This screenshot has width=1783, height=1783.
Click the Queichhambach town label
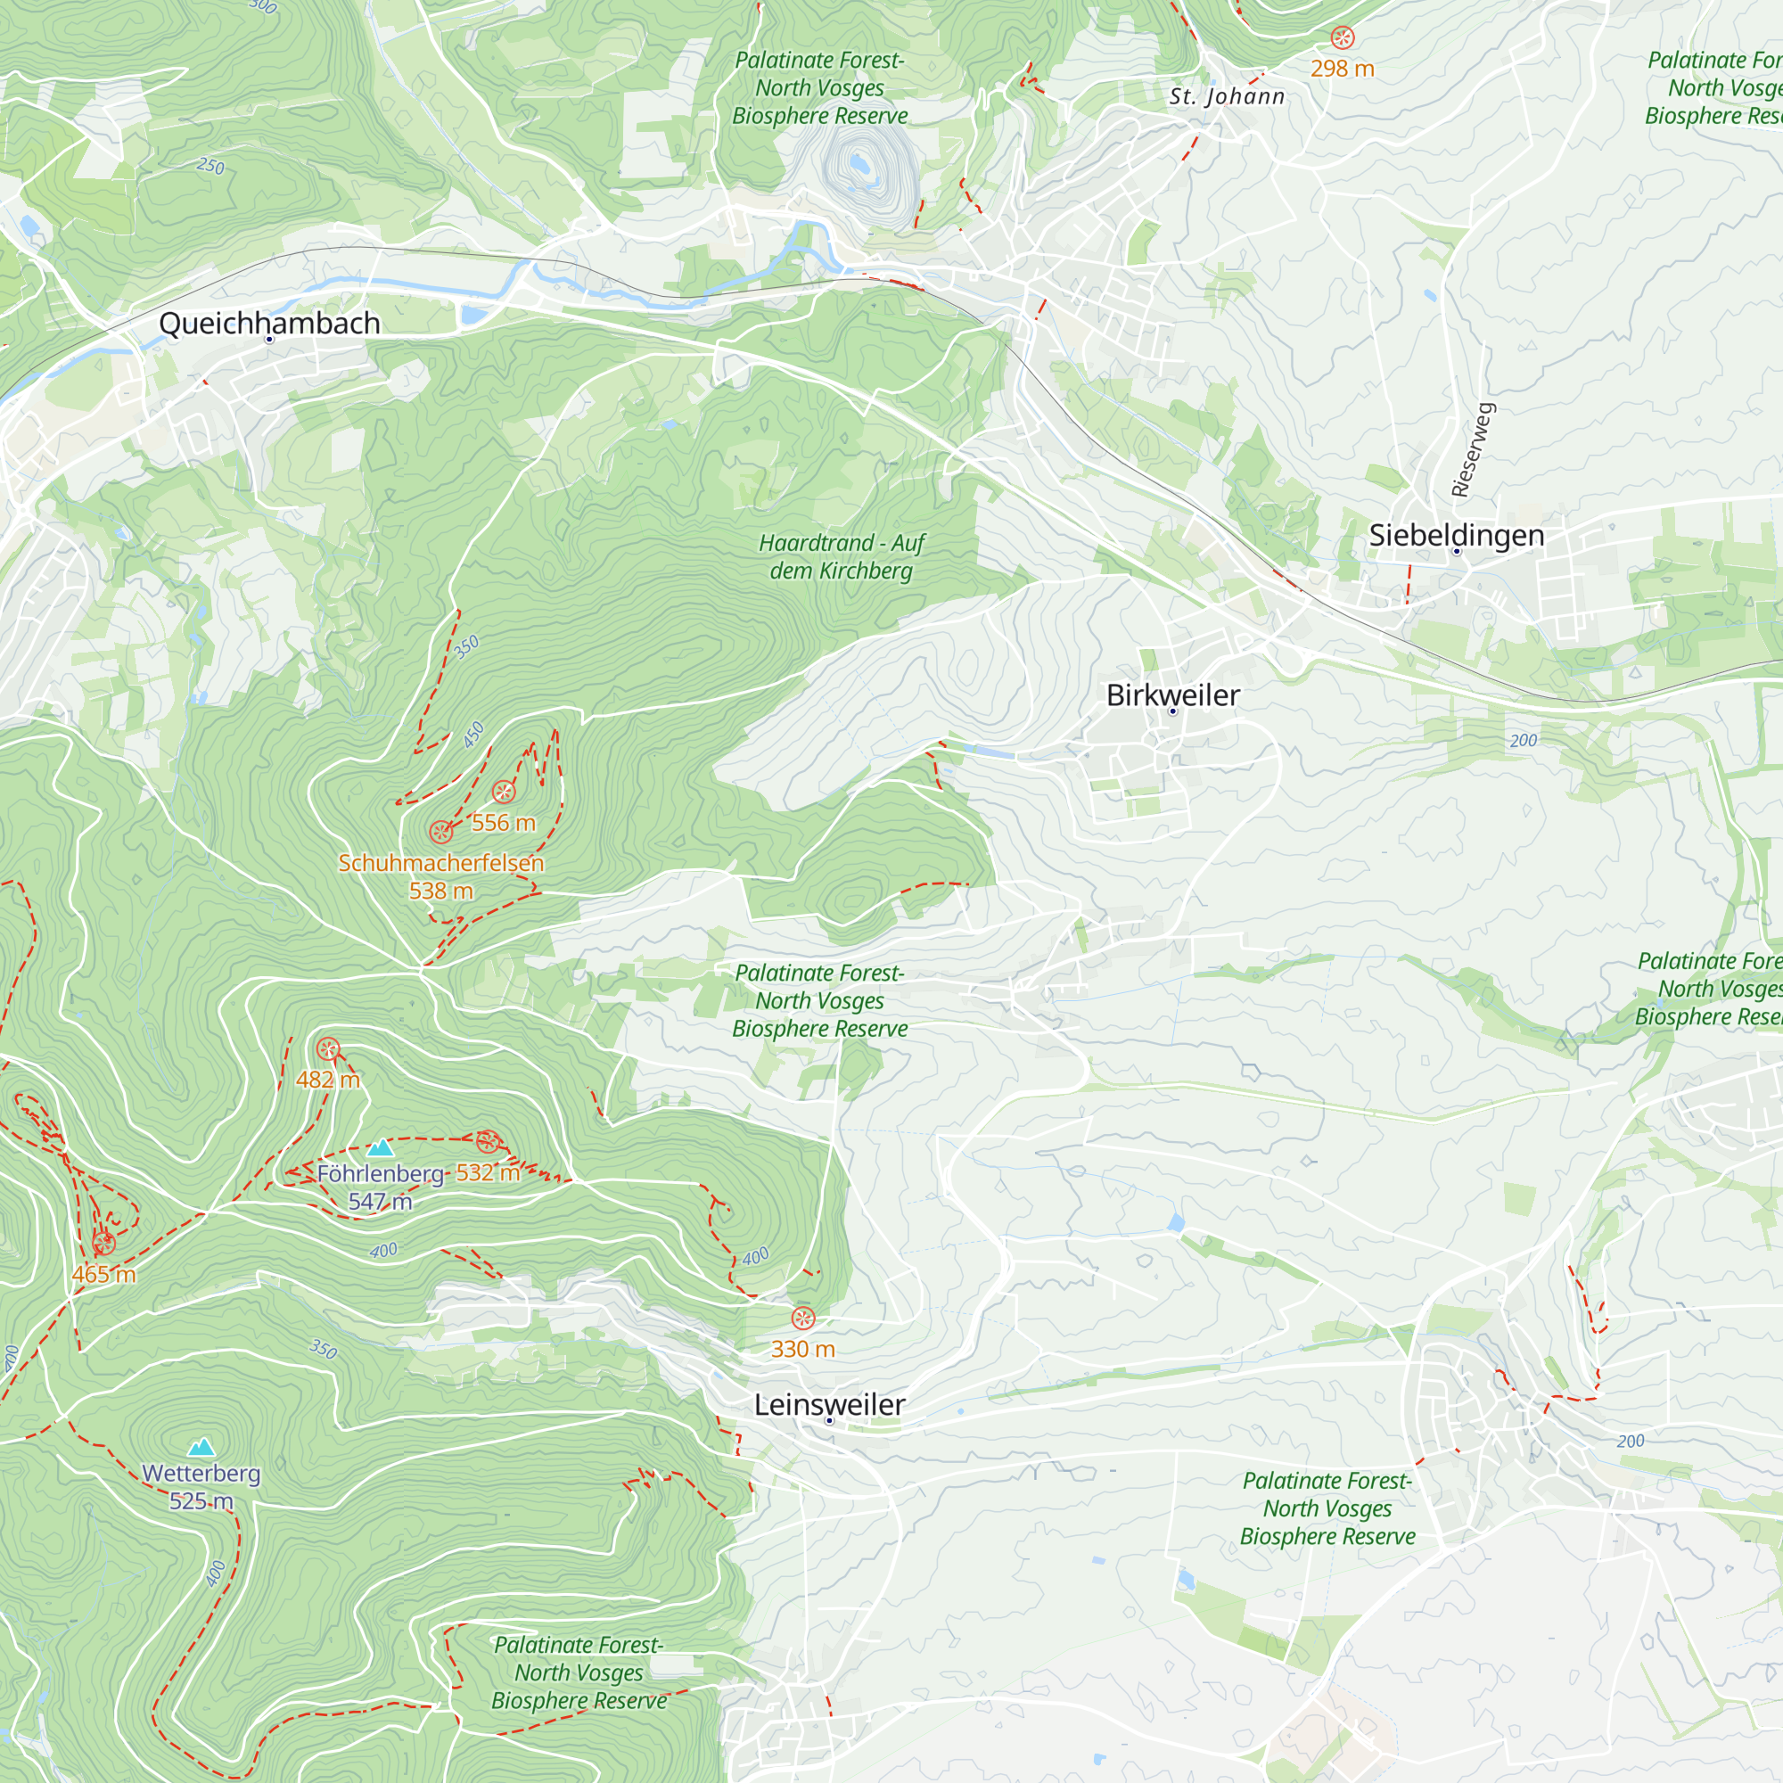pos(269,323)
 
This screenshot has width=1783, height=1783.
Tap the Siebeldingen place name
pos(1457,534)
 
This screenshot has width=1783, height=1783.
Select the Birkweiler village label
pos(1172,695)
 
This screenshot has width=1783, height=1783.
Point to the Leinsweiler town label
pos(829,1404)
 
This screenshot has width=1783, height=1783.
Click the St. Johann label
pos(1227,97)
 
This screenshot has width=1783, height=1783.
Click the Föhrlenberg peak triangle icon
pos(381,1148)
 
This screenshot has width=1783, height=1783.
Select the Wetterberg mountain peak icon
pos(201,1447)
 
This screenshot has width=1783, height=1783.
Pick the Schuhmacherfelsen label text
pos(441,863)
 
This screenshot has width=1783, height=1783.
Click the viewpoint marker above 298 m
pos(1342,37)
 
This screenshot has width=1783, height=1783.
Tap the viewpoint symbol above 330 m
pos(803,1318)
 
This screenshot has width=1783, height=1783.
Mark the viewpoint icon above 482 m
pos(327,1049)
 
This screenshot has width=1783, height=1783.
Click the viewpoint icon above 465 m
pos(104,1243)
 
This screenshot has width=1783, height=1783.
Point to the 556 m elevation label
pos(503,822)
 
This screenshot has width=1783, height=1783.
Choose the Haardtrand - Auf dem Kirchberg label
pos(841,556)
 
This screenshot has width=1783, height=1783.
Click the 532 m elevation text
pos(488,1172)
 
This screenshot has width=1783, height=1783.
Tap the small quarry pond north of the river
pos(860,164)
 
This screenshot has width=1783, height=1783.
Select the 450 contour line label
pos(473,735)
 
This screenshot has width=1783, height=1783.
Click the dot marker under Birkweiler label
pos(1173,711)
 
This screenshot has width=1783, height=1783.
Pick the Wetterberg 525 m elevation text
pos(201,1500)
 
